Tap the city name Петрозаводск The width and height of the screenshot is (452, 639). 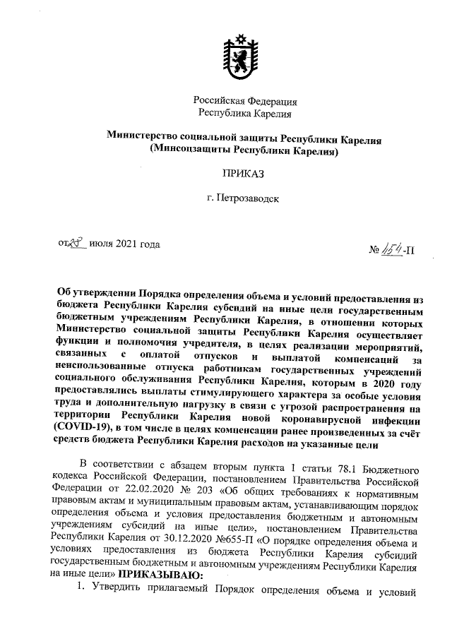click(248, 198)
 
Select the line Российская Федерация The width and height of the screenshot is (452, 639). click(244, 100)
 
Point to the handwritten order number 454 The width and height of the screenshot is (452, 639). click(393, 248)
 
